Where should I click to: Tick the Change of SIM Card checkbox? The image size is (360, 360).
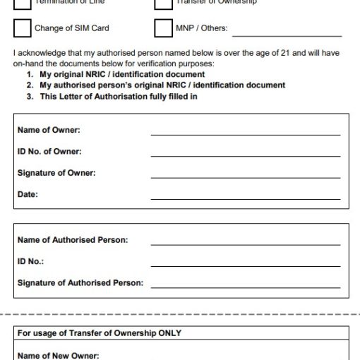pyautogui.click(x=22, y=28)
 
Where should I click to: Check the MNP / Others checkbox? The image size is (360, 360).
pyautogui.click(x=163, y=28)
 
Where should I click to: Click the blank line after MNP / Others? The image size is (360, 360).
pyautogui.click(x=287, y=34)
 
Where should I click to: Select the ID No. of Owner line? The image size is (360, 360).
pyautogui.click(x=245, y=155)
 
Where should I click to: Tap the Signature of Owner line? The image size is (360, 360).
pyautogui.click(x=245, y=176)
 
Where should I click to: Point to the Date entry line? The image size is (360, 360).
pyautogui.click(x=245, y=198)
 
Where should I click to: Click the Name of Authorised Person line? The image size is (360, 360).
pyautogui.click(x=245, y=244)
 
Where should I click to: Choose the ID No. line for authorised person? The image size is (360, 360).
pyautogui.click(x=245, y=265)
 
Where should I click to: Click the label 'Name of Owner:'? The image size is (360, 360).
pyautogui.click(x=49, y=130)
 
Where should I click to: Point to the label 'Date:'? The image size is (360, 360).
pyautogui.click(x=28, y=194)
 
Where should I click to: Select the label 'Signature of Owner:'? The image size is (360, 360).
pyautogui.click(x=56, y=173)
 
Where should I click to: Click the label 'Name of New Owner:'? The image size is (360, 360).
pyautogui.click(x=58, y=355)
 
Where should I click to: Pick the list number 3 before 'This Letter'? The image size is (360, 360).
pyautogui.click(x=30, y=97)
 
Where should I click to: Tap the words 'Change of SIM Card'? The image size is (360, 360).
pyautogui.click(x=71, y=29)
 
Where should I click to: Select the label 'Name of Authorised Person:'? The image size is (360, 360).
pyautogui.click(x=72, y=240)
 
